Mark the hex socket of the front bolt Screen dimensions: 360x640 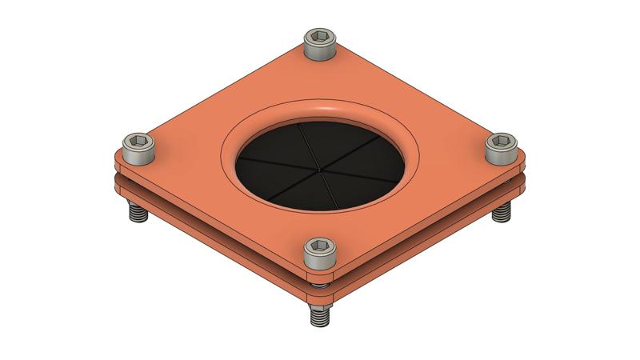[320, 247]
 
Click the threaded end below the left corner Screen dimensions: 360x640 [136, 214]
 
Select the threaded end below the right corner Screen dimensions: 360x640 [502, 214]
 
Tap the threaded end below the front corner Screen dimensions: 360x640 [320, 314]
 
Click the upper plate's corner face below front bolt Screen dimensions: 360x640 [320, 277]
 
